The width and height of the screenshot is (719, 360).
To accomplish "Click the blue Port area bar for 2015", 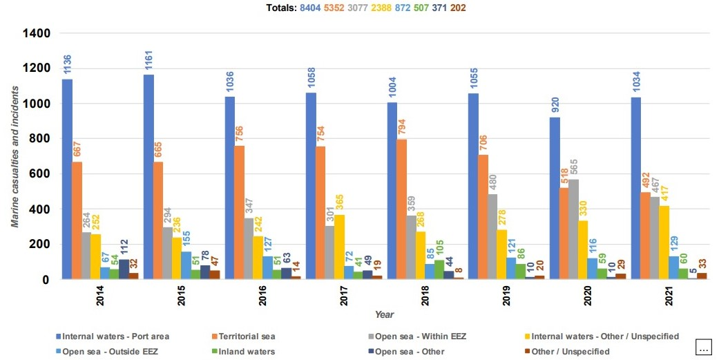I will point(148,176).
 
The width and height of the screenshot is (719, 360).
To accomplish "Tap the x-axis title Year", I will point(384,314).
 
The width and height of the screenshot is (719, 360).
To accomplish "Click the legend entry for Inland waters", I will point(246,352).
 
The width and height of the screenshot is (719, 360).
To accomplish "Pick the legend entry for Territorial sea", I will point(246,337).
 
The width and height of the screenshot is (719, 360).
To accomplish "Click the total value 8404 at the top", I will point(309,8).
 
